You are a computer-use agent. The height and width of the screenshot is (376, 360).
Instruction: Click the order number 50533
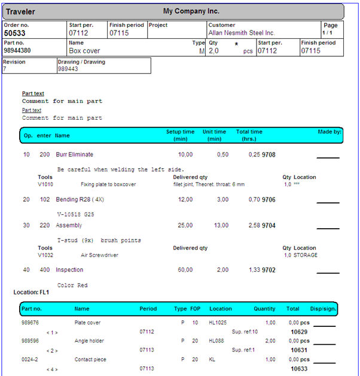[15, 34]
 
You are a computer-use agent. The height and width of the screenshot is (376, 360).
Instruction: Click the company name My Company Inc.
[191, 11]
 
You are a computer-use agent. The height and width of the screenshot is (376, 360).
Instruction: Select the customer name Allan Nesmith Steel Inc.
[241, 33]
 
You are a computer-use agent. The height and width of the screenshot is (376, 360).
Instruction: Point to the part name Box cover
[84, 51]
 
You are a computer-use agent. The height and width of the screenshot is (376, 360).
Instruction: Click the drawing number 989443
[68, 69]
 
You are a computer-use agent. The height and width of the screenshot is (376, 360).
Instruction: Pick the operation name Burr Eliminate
[74, 154]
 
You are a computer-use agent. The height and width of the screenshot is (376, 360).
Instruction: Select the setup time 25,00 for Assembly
[185, 226]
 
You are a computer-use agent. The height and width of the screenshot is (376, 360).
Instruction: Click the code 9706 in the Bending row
[269, 199]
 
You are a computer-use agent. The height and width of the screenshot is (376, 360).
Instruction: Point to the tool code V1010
[45, 184]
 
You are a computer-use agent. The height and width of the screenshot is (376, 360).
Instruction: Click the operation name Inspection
[69, 270]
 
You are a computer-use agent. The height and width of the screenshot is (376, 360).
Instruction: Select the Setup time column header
[180, 135]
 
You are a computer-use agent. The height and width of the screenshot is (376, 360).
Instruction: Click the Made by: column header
[330, 132]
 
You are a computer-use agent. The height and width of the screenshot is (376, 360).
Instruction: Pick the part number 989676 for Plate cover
[31, 323]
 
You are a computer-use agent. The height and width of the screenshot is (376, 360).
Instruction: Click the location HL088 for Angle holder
[216, 341]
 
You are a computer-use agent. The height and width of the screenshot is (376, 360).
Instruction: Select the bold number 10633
[299, 369]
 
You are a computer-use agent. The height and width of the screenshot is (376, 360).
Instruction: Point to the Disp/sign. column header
[324, 309]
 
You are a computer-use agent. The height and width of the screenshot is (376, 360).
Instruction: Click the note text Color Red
[72, 285]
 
